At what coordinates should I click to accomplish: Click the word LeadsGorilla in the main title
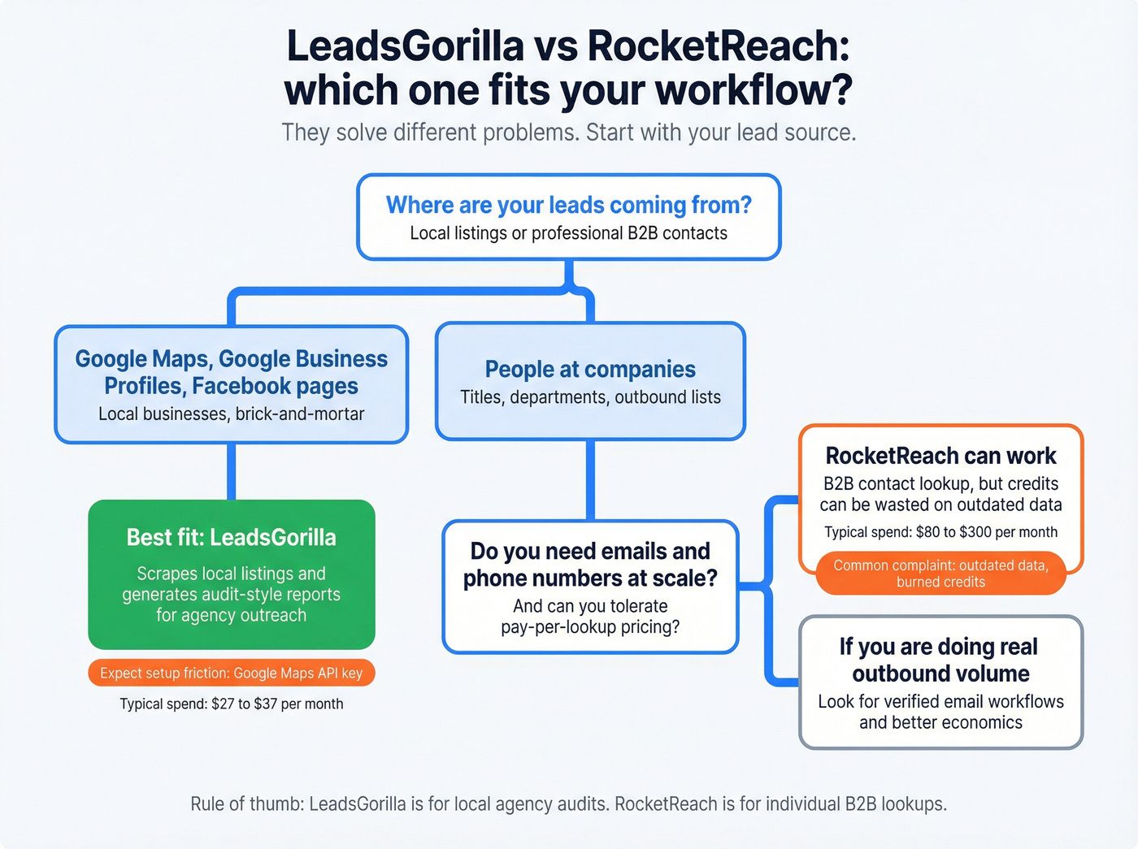coord(405,46)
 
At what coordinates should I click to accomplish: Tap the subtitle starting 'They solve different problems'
coord(568,132)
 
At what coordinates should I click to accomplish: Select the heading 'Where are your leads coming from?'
coord(568,205)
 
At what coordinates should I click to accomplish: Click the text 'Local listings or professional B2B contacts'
coord(568,233)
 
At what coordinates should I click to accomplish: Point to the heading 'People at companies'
coord(590,369)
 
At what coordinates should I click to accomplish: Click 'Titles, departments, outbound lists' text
coord(590,397)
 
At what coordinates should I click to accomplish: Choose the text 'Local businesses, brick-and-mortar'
coord(231,414)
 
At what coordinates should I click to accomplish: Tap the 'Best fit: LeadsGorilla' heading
coord(231,538)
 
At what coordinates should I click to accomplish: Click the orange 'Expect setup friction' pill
coord(231,673)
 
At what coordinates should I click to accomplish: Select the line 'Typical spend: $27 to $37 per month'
coord(231,704)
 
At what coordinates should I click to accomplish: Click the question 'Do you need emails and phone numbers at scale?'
coord(590,565)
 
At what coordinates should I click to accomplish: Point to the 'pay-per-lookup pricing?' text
coord(590,627)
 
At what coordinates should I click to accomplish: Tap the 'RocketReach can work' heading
coord(940,456)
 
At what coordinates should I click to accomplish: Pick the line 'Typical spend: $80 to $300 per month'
coord(940,532)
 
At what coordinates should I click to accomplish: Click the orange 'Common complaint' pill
coord(940,574)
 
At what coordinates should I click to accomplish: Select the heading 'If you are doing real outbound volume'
coord(940,660)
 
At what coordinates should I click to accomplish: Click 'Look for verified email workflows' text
coord(940,701)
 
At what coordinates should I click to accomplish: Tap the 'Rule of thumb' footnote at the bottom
coord(568,804)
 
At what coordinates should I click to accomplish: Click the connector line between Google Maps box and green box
coord(232,471)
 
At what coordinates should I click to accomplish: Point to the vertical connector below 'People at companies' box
coord(590,479)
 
